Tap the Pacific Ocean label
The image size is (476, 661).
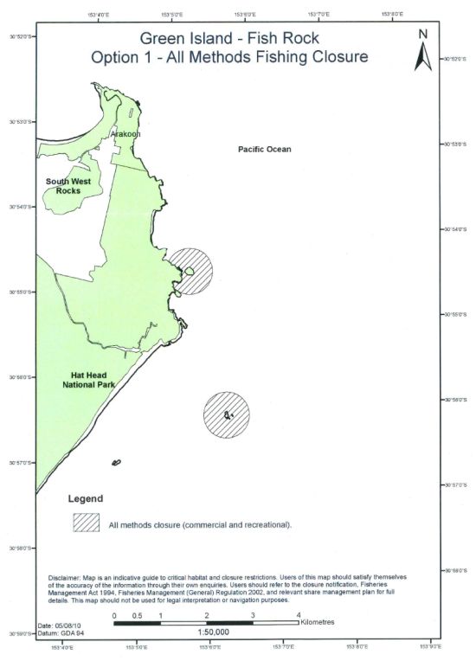point(265,150)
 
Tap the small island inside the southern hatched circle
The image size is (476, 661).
point(228,416)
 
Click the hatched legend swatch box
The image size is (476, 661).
point(87,523)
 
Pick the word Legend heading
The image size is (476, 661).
point(85,499)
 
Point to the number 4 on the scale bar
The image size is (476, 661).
point(299,614)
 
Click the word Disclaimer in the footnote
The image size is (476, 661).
point(66,575)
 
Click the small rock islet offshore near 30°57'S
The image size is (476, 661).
point(116,463)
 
